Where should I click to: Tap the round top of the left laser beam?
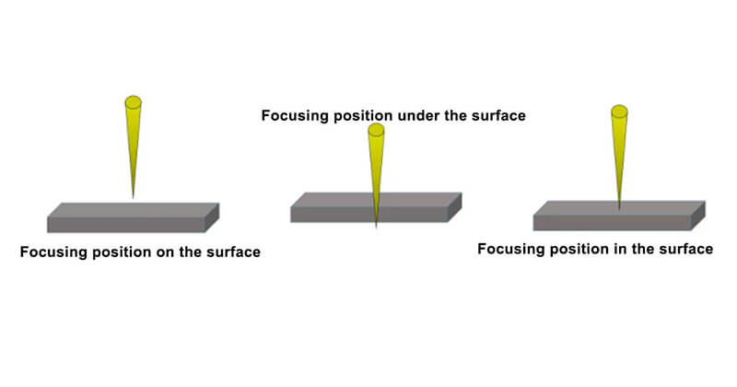(x=133, y=102)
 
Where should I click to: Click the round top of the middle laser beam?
(x=376, y=130)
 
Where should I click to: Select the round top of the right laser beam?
(x=619, y=111)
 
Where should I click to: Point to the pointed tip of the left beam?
(x=133, y=198)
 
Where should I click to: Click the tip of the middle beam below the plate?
(x=376, y=228)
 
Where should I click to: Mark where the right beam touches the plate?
(x=619, y=209)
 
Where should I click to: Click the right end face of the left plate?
(x=212, y=217)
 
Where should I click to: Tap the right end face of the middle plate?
(x=454, y=207)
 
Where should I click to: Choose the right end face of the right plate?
(x=698, y=216)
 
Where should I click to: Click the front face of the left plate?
(x=126, y=225)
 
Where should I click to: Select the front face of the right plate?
(x=612, y=223)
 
